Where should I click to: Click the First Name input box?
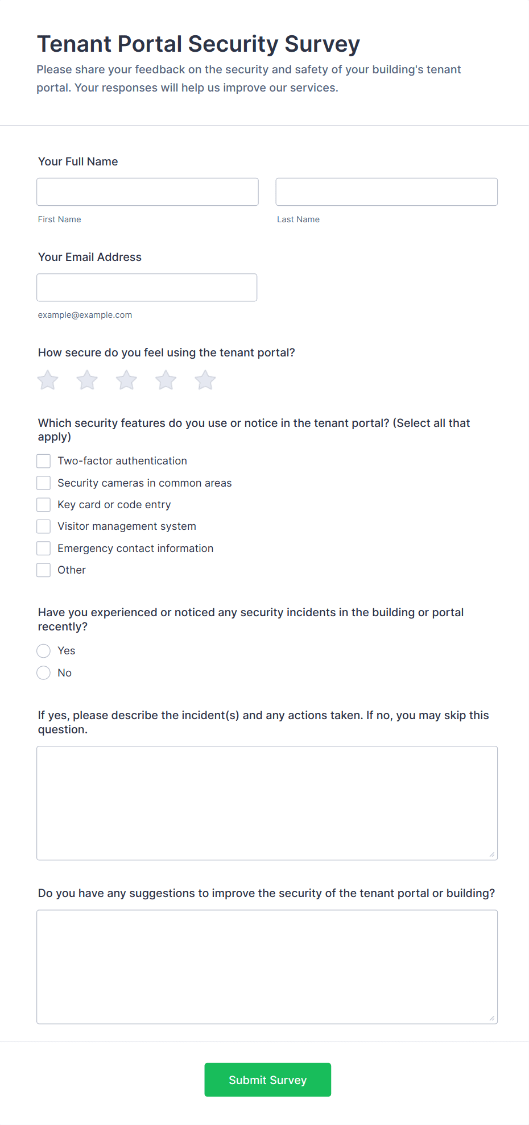pos(147,192)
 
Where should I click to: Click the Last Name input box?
pos(386,192)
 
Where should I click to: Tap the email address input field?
pos(147,288)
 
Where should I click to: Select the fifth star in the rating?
pos(205,380)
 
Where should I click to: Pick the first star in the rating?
pos(48,380)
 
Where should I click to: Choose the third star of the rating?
pos(126,380)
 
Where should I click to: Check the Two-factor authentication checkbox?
pos(44,461)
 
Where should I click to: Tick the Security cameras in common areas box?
pos(44,483)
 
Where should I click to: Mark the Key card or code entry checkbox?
pos(44,505)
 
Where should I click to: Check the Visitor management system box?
pos(44,526)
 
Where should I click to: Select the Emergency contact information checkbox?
pos(44,549)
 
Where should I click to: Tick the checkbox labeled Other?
pos(44,570)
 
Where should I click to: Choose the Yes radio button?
pos(44,651)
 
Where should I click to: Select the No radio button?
pos(44,673)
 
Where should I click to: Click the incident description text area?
pos(267,803)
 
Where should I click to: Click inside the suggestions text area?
pos(267,966)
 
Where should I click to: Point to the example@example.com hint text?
pos(85,315)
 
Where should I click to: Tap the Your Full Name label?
pos(78,161)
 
